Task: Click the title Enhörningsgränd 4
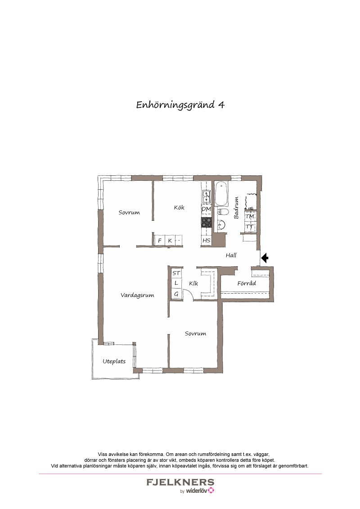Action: point(180,105)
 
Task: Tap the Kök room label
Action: point(179,207)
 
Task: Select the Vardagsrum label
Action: point(137,295)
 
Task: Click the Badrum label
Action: point(236,208)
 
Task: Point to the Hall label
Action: point(231,255)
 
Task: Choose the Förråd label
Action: point(247,283)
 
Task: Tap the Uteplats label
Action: point(114,362)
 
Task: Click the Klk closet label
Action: point(193,283)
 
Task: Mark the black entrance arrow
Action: point(265,258)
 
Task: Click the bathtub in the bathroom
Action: point(221,194)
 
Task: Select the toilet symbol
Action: point(223,212)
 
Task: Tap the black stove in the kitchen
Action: point(206,222)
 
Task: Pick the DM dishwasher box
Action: point(206,210)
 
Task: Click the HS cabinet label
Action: point(206,241)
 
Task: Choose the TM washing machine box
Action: point(250,216)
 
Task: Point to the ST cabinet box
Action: point(176,273)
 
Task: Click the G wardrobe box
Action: point(176,294)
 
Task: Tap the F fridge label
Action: point(160,241)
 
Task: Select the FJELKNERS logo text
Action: point(180,482)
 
